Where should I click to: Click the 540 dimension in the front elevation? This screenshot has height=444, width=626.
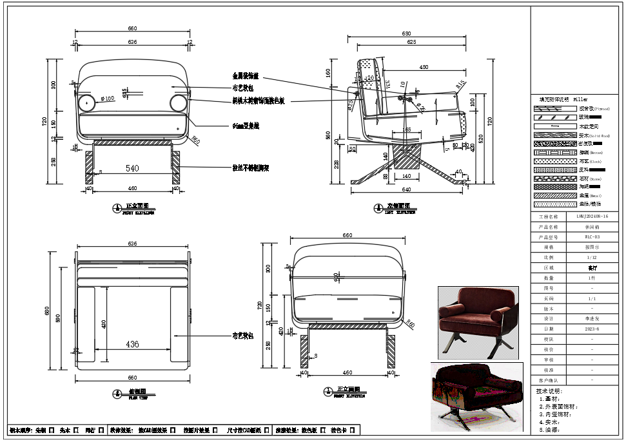132,169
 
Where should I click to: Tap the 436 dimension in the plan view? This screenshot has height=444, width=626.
132,345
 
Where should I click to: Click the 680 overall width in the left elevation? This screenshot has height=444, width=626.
406,33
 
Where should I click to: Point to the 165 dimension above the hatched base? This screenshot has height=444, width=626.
406,130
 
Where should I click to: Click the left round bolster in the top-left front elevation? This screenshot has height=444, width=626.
86,103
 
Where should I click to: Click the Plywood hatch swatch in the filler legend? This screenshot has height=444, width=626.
555,109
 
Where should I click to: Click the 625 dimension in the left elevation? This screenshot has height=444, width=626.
406,42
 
